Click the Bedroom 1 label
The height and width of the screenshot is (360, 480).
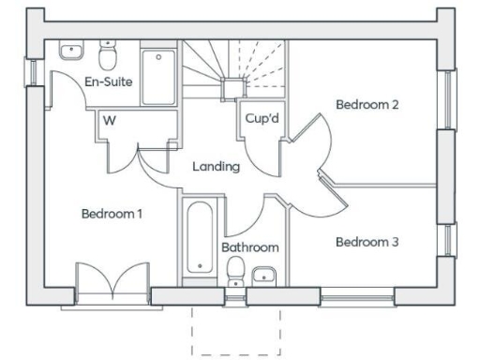click(111, 214)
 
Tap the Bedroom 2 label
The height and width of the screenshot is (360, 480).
click(368, 105)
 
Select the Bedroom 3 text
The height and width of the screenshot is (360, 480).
click(367, 242)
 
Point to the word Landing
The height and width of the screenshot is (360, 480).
click(217, 166)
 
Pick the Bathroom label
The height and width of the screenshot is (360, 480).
click(250, 247)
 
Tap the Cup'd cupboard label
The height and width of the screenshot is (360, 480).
click(262, 119)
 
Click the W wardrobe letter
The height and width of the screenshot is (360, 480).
click(110, 120)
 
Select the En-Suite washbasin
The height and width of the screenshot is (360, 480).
click(69, 51)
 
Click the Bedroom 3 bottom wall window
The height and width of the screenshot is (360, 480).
click(357, 297)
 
